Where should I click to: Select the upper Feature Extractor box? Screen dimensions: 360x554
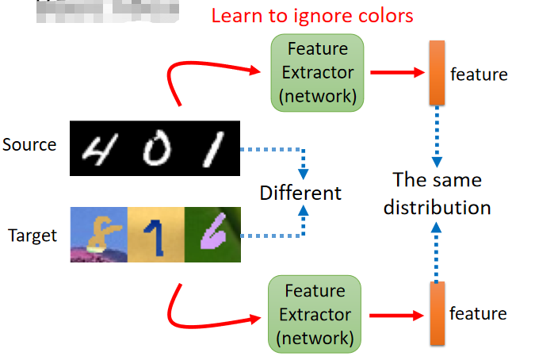pos(317,73)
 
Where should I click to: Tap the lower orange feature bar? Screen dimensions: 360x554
pos(436,313)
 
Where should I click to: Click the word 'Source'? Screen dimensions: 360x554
pos(29,145)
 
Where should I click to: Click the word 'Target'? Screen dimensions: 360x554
pos(32,235)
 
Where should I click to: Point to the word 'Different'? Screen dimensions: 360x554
pos(300,193)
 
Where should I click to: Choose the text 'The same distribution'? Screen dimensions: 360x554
pos(437,193)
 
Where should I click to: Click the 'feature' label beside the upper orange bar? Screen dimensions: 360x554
pos(479,75)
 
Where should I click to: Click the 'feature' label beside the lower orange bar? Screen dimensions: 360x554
pos(478,313)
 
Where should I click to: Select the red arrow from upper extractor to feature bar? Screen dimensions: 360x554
pos(397,72)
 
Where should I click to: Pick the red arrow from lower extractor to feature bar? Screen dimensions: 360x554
pos(396,315)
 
